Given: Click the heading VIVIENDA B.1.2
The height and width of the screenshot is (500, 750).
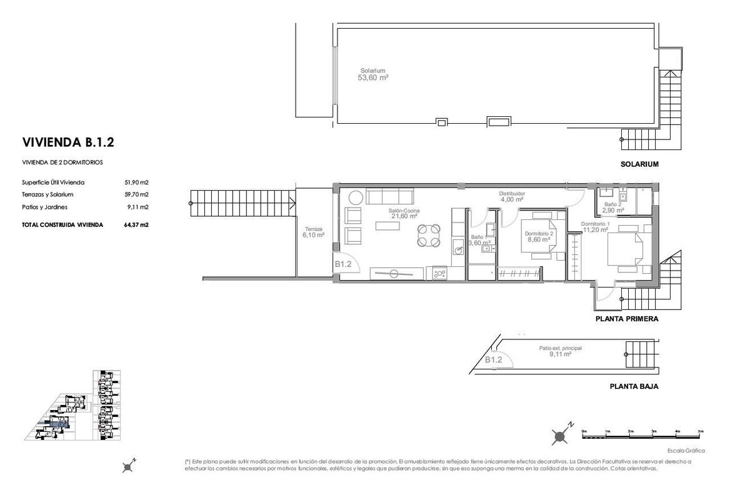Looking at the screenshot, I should tap(67, 142).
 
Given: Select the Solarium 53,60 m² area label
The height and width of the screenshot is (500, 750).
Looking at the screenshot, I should tap(373, 74).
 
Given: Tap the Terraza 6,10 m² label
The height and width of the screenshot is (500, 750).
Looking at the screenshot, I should tap(313, 232).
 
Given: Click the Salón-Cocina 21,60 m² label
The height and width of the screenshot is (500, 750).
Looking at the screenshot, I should tap(404, 213).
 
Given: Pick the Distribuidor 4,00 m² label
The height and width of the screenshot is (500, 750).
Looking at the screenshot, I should tap(512, 197).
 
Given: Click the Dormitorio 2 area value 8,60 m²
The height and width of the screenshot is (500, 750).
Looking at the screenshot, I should tap(537, 239).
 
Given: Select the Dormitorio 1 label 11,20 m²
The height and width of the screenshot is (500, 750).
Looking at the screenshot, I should tap(595, 227).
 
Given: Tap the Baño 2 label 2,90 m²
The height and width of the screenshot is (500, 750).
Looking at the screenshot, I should tap(612, 208).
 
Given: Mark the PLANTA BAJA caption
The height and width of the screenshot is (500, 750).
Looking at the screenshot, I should tap(634, 386).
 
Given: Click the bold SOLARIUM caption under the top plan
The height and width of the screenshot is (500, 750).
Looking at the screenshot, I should tap(639, 164).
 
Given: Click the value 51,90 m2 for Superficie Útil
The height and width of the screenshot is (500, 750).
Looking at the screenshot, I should tap(136, 182).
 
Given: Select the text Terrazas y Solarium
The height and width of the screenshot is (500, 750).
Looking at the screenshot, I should tap(47, 194).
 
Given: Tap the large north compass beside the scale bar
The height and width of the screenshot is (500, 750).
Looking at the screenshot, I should tap(561, 434).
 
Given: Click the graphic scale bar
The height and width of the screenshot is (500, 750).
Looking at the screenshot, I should tap(642, 432).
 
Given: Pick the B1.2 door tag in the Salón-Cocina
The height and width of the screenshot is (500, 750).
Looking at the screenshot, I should tap(343, 264).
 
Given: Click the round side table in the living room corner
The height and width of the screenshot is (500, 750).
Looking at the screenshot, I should tap(354, 197).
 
